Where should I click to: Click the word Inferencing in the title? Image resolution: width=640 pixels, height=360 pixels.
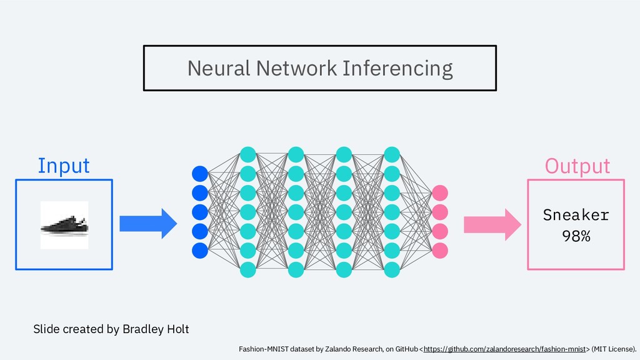coord(397,69)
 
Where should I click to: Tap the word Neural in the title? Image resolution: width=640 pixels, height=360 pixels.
coord(219,68)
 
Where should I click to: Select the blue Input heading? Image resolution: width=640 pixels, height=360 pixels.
coord(64,166)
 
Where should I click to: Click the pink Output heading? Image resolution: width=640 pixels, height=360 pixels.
coord(577,166)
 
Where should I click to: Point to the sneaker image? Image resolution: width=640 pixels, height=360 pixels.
coord(64,225)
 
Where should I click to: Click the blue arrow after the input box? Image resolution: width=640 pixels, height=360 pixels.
coord(148,224)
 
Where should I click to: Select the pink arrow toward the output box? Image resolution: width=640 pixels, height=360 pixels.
coord(492,224)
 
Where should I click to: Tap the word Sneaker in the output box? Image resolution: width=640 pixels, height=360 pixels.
coord(576,215)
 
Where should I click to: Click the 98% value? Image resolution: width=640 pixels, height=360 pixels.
coord(576,236)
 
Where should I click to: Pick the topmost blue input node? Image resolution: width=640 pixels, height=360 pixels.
coord(200,174)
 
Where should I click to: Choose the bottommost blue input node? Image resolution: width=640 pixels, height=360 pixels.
coord(200,251)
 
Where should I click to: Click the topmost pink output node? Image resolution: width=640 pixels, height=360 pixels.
coord(439,193)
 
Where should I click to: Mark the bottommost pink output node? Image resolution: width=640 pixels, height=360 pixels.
coord(439,251)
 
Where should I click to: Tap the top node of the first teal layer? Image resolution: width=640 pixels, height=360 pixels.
coord(247,155)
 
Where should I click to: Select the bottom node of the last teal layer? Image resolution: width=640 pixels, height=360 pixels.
coord(392,270)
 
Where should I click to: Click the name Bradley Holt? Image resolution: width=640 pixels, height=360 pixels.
coord(156,329)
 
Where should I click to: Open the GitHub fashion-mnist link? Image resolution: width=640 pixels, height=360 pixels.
coord(504,349)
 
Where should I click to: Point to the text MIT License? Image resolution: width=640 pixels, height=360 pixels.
coord(613,349)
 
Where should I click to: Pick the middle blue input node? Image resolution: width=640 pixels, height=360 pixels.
coord(200,212)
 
